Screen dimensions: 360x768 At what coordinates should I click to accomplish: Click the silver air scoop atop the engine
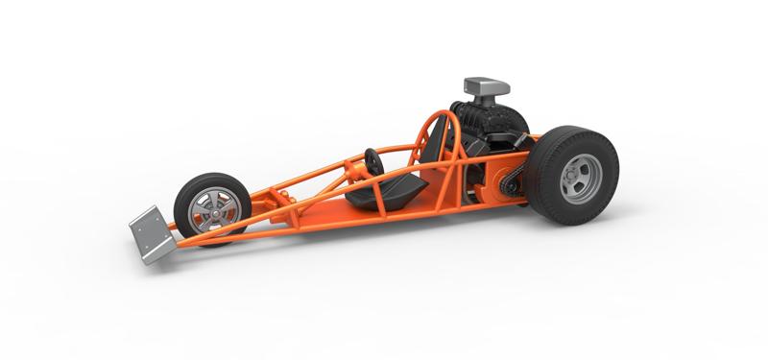[486, 87]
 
